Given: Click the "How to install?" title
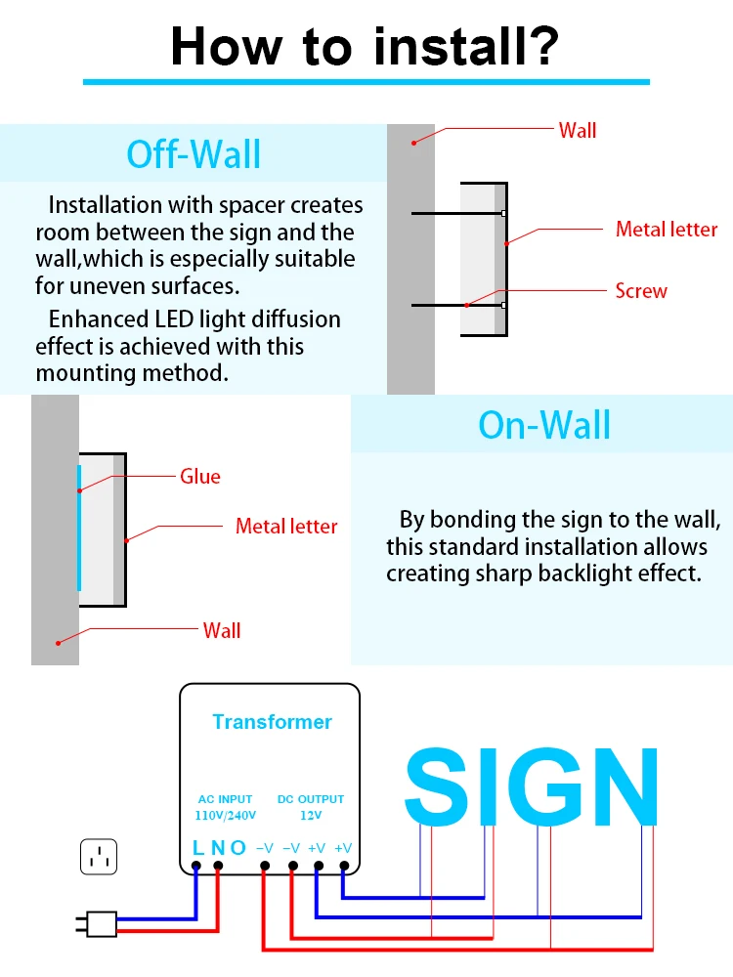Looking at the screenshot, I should [x=366, y=45].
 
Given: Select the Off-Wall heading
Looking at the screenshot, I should [x=194, y=154].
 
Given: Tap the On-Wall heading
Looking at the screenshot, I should [x=544, y=425].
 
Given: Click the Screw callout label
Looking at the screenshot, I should [x=641, y=290].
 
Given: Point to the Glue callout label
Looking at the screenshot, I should [x=200, y=476].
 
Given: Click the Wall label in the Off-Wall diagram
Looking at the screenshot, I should [x=577, y=130].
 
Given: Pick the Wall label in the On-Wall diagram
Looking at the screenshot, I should [x=222, y=630].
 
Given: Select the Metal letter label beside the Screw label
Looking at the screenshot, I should [x=667, y=230].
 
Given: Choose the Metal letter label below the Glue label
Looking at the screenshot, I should [x=286, y=526].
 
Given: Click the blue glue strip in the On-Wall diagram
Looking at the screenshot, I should [x=79, y=528].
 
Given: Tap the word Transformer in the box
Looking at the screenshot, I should [x=272, y=722].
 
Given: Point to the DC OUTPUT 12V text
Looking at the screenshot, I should [x=311, y=807].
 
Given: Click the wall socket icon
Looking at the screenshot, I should [x=98, y=857].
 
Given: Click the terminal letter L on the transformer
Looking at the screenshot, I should [x=197, y=848].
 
